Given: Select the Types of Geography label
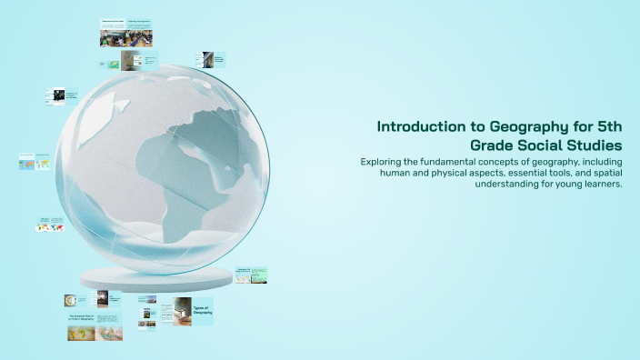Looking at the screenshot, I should pyautogui.click(x=202, y=311).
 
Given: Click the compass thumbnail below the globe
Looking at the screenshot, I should pyautogui.click(x=69, y=300).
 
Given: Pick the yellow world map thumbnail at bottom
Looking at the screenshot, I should pyautogui.click(x=81, y=333).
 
